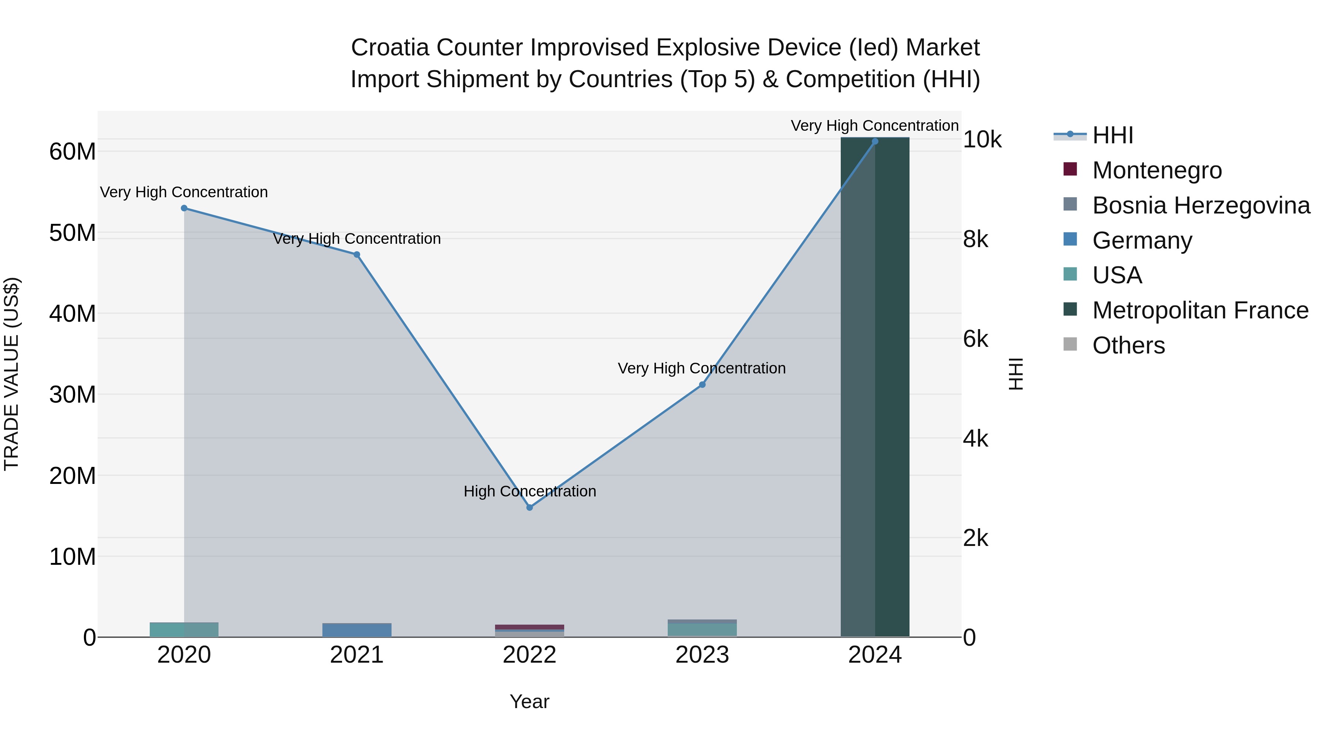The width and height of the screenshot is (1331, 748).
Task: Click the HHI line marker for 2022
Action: click(529, 508)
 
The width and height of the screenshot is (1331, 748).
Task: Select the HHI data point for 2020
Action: click(184, 208)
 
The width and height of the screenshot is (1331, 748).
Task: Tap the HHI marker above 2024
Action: click(875, 141)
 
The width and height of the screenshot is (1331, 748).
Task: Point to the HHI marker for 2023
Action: click(702, 385)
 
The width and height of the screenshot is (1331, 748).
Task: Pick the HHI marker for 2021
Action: click(356, 255)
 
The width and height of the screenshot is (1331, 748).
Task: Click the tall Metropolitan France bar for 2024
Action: click(875, 387)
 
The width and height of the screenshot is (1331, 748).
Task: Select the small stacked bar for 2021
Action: click(356, 630)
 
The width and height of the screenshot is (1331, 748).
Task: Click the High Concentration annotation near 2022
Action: click(529, 491)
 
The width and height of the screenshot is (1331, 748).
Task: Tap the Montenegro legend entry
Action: click(1156, 170)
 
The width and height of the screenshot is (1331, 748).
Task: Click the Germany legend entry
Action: click(1142, 240)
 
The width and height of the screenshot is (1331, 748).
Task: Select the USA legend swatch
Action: click(1070, 274)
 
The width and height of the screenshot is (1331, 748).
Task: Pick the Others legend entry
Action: click(1128, 345)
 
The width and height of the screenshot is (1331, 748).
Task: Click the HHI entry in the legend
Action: click(1112, 135)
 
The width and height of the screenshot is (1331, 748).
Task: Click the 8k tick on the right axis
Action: click(976, 239)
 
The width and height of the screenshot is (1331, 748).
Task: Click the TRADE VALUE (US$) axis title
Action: click(12, 374)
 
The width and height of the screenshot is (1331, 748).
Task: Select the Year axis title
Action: click(529, 701)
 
